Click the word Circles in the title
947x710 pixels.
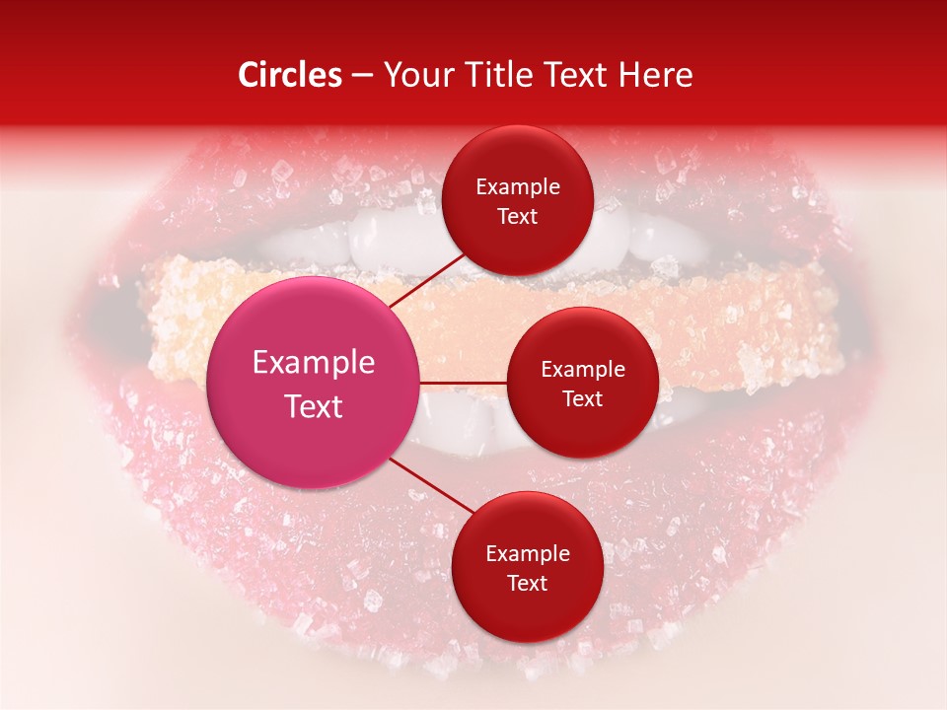(x=289, y=75)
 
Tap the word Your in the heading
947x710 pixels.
(x=417, y=75)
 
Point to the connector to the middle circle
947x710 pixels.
(x=464, y=383)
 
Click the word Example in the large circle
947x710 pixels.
(x=314, y=362)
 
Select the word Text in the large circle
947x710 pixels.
(x=314, y=406)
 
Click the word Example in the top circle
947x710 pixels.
(x=518, y=187)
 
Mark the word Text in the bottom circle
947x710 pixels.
(x=527, y=583)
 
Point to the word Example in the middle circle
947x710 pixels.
(x=583, y=370)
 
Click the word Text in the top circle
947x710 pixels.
(x=518, y=217)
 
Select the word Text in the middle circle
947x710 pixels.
(x=583, y=399)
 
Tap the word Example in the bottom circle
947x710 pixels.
(x=527, y=553)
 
